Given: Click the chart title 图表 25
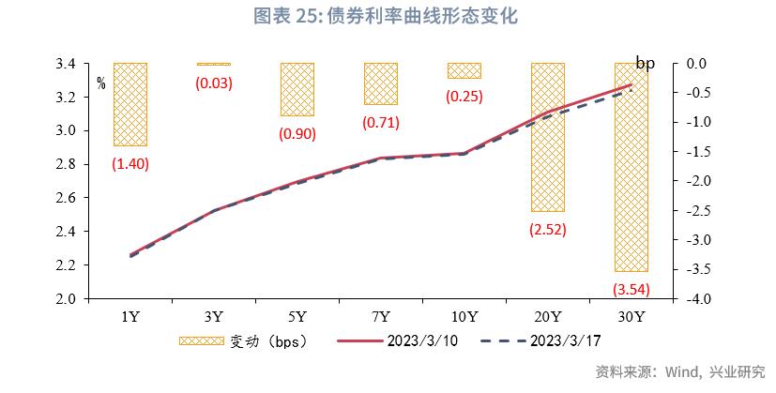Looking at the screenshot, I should pyautogui.click(x=388, y=16).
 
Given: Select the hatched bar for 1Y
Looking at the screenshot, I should pyautogui.click(x=129, y=104).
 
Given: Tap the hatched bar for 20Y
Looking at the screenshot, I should pyautogui.click(x=548, y=137).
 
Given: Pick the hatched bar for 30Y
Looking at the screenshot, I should pyautogui.click(x=631, y=167).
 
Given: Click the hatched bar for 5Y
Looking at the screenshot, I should pyautogui.click(x=297, y=89).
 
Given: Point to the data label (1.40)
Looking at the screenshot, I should pyautogui.click(x=129, y=163).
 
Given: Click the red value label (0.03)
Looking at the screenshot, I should pyautogui.click(x=213, y=83).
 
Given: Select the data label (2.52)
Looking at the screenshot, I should pyautogui.click(x=548, y=228).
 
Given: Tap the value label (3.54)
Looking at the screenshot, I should pyautogui.click(x=631, y=287).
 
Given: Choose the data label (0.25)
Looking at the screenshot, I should pyautogui.click(x=464, y=95).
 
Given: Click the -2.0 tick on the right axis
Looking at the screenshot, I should pyautogui.click(x=692, y=181).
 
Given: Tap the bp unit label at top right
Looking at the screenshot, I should pyautogui.click(x=645, y=63).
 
